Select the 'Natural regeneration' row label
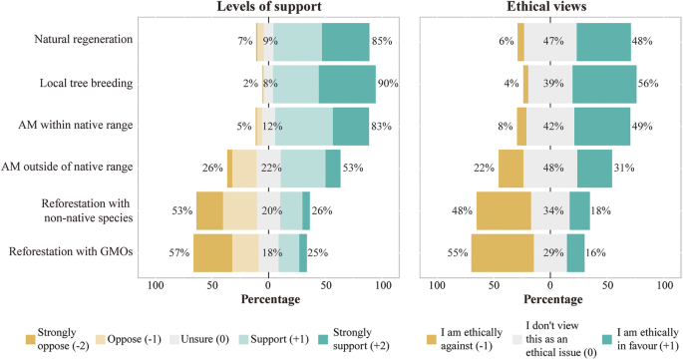pyautogui.click(x=85, y=41)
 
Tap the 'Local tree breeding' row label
pyautogui.click(x=89, y=84)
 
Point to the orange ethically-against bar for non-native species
pyautogui.click(x=504, y=211)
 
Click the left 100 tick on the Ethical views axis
pyautogui.click(x=436, y=286)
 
